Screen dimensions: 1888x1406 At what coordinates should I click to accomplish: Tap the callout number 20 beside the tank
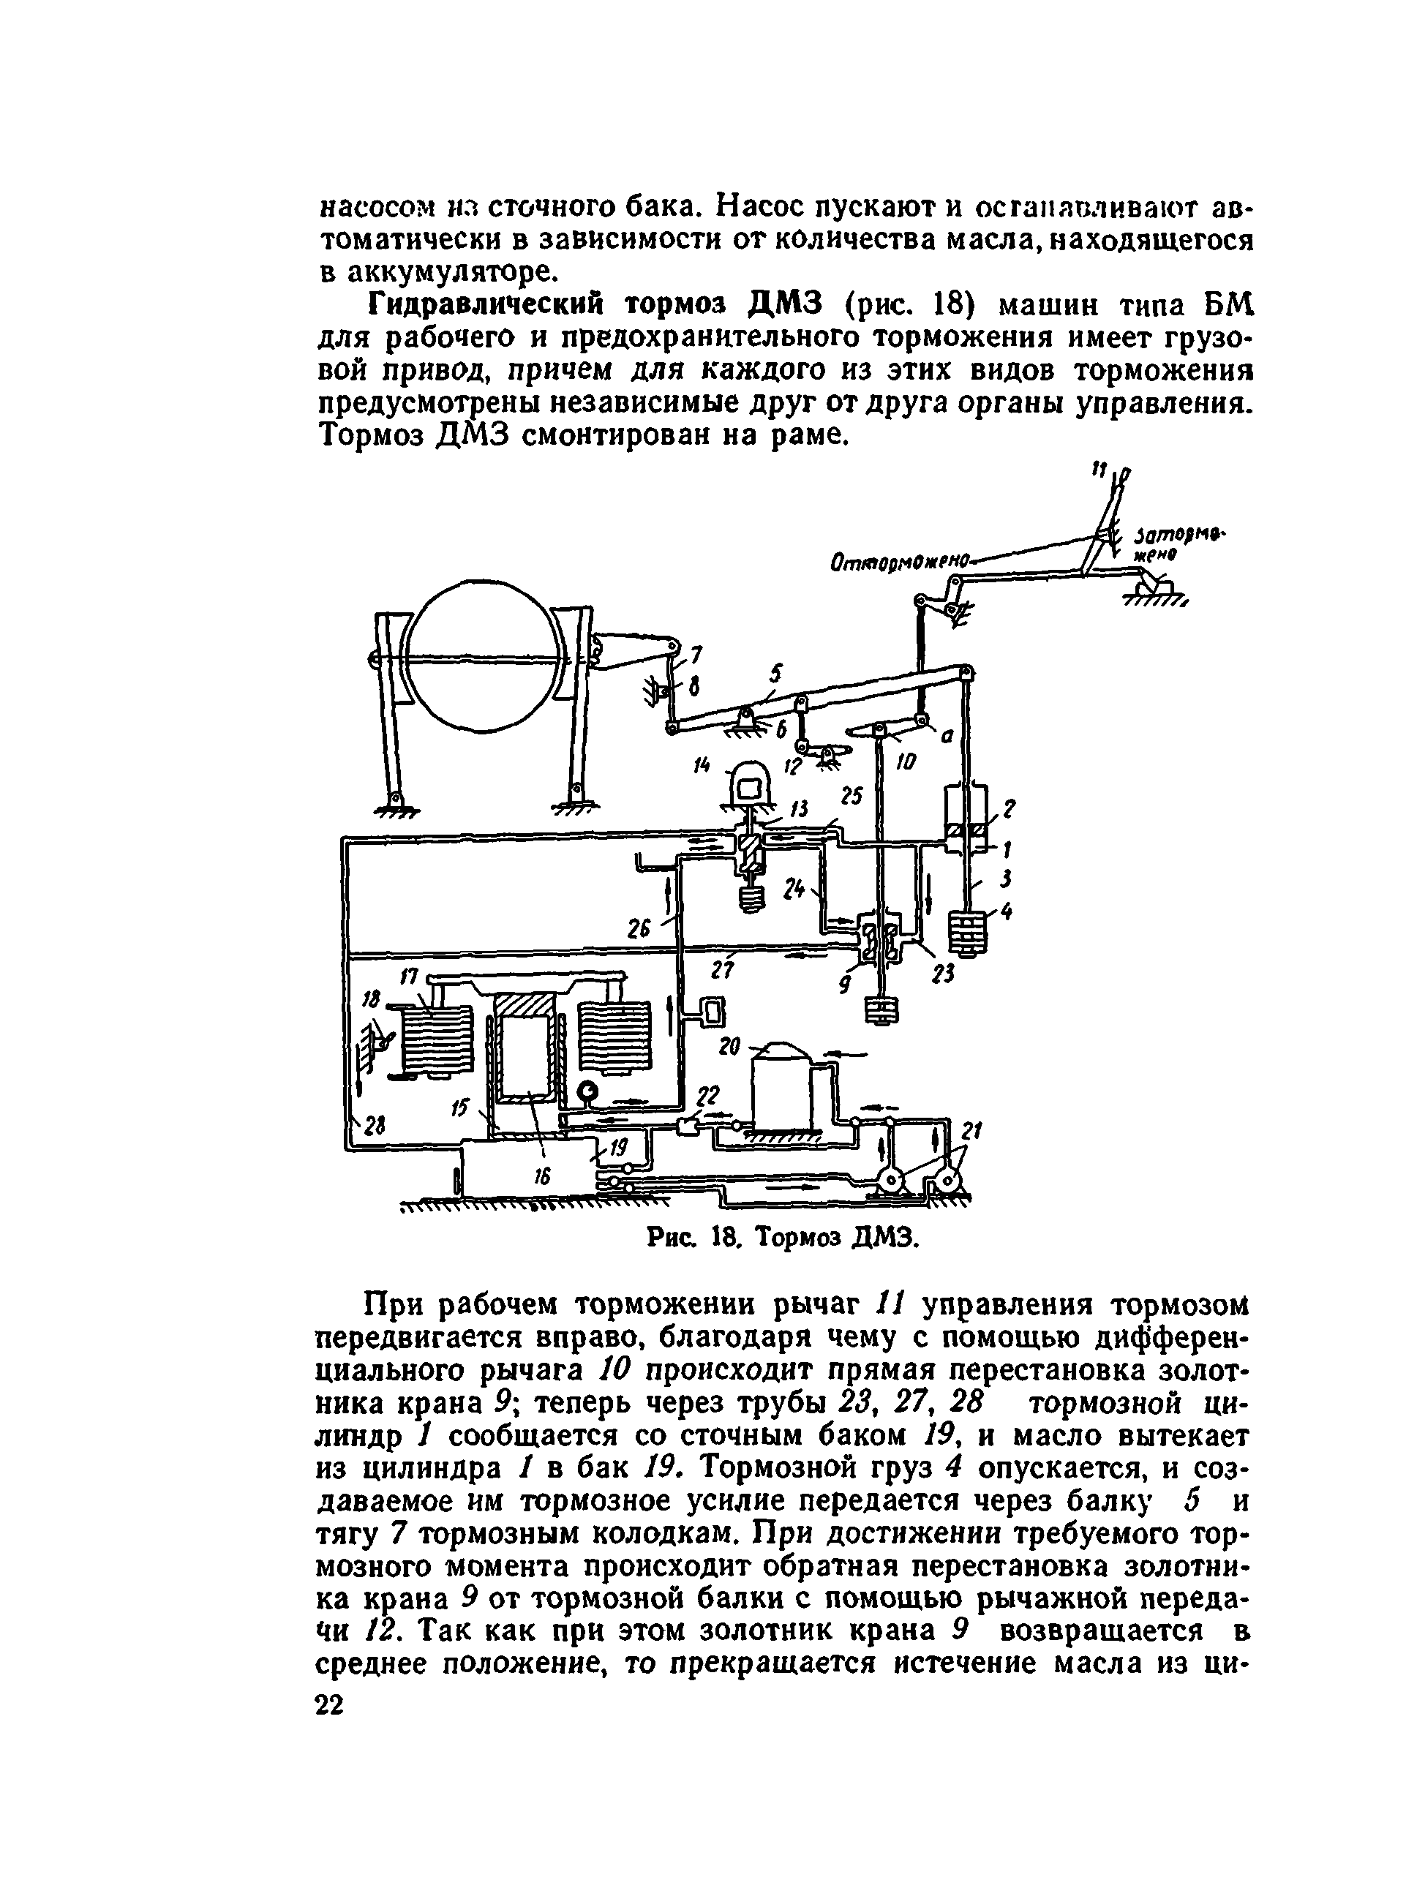(x=729, y=1045)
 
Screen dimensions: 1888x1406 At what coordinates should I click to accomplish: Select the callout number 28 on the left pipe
(x=374, y=1127)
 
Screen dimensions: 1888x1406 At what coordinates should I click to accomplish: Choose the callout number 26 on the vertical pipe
(x=639, y=929)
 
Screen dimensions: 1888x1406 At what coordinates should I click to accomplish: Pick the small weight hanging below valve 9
(x=882, y=1012)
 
